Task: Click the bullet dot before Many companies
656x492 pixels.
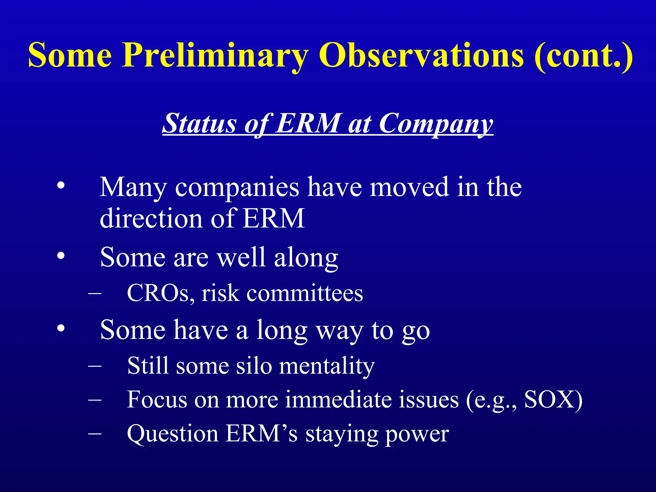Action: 61,186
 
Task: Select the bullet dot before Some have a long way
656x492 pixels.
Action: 61,329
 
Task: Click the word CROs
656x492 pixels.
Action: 160,293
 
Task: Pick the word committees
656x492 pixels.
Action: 304,293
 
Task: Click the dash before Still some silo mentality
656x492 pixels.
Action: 95,365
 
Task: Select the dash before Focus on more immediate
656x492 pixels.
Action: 95,399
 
